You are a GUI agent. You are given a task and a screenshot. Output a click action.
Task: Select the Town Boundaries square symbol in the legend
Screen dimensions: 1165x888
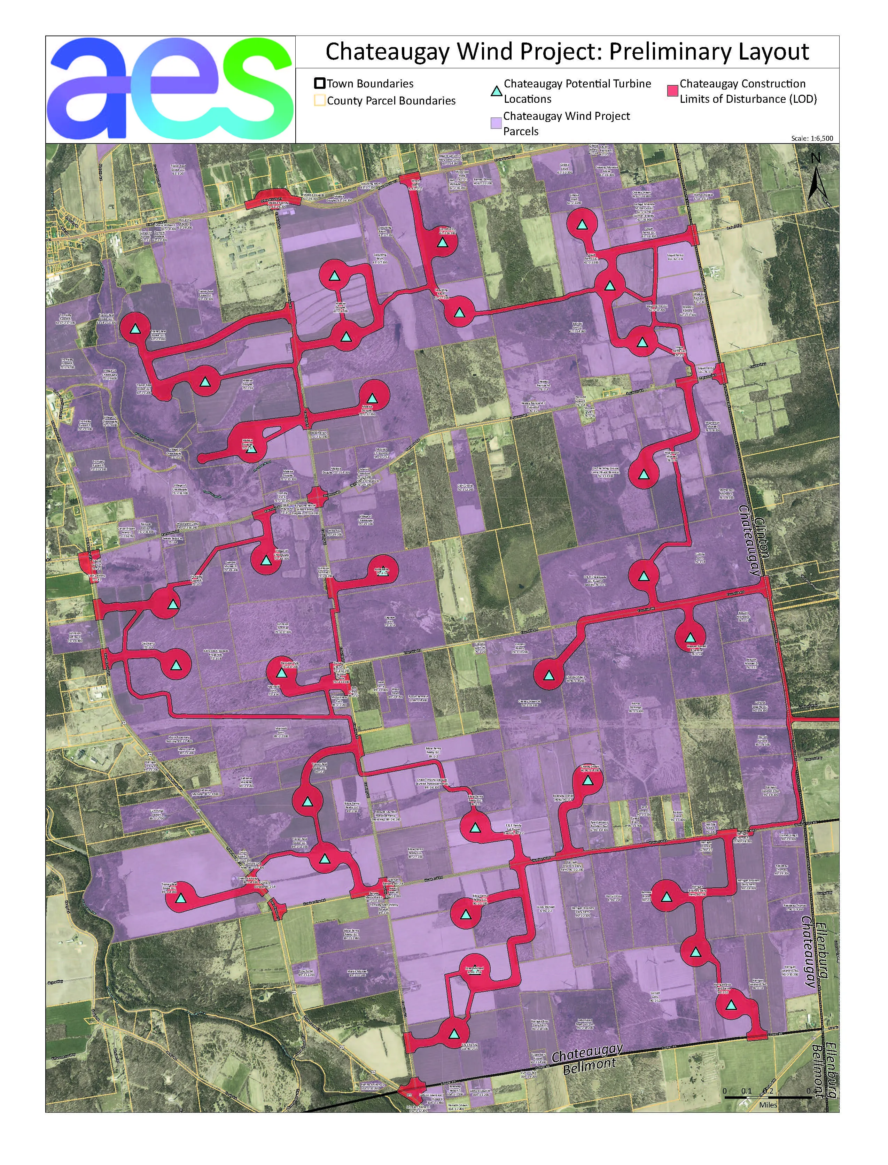319,84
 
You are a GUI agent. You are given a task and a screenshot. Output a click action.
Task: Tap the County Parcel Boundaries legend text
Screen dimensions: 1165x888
391,100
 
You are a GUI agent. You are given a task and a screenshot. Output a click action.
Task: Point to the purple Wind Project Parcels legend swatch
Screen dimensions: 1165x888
495,124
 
